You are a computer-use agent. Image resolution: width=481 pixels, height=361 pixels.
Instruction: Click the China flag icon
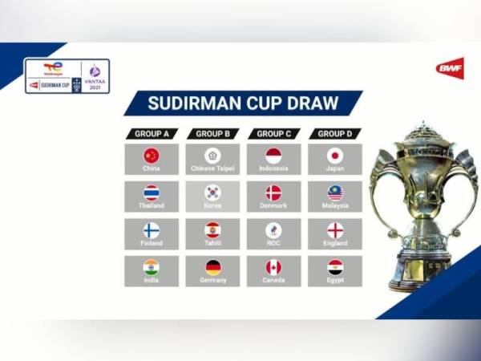pyautogui.click(x=151, y=156)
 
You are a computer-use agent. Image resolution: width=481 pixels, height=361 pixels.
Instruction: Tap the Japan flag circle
pyautogui.click(x=335, y=156)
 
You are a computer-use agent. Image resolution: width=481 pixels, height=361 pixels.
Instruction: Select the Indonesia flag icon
pyautogui.click(x=273, y=156)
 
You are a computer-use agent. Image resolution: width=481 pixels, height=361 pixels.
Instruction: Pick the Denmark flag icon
pyautogui.click(x=273, y=193)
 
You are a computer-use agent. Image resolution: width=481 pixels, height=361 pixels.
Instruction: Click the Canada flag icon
pyautogui.click(x=273, y=267)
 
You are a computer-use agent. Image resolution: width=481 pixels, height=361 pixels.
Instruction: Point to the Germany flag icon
pyautogui.click(x=212, y=267)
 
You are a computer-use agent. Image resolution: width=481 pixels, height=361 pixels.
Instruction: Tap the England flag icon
pyautogui.click(x=335, y=230)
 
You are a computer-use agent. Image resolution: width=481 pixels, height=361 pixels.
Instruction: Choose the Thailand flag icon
pyautogui.click(x=151, y=193)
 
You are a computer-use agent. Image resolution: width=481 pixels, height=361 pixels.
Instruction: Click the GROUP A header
pyautogui.click(x=151, y=134)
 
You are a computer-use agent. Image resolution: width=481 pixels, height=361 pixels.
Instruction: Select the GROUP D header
pyautogui.click(x=335, y=134)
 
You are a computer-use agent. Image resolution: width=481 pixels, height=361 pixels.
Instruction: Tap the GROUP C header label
pyautogui.click(x=273, y=134)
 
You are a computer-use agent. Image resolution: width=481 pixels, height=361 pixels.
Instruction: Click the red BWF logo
pyautogui.click(x=450, y=67)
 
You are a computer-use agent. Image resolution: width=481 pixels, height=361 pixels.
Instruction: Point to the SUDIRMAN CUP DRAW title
pyautogui.click(x=243, y=103)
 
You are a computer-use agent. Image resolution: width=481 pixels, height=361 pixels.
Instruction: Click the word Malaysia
pyautogui.click(x=335, y=206)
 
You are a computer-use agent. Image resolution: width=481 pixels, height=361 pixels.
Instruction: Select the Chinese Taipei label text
pyautogui.click(x=212, y=169)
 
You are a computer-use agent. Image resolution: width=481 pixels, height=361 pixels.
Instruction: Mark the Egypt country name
pyautogui.click(x=335, y=281)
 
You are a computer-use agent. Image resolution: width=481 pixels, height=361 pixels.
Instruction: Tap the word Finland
pyautogui.click(x=151, y=243)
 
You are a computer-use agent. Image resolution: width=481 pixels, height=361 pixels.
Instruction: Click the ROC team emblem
pyautogui.click(x=273, y=230)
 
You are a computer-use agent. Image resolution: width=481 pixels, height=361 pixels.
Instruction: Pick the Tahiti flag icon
pyautogui.click(x=212, y=230)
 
